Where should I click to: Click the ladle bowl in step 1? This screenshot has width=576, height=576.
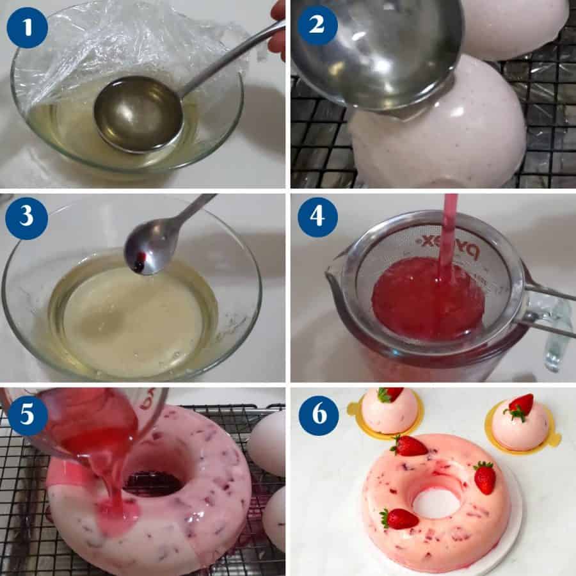(138, 113)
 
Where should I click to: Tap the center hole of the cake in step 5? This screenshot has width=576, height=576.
(157, 474)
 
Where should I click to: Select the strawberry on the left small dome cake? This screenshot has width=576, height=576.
(390, 394)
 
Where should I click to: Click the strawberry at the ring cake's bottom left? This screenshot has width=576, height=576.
(399, 518)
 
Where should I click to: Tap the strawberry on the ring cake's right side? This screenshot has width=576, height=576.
(485, 477)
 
